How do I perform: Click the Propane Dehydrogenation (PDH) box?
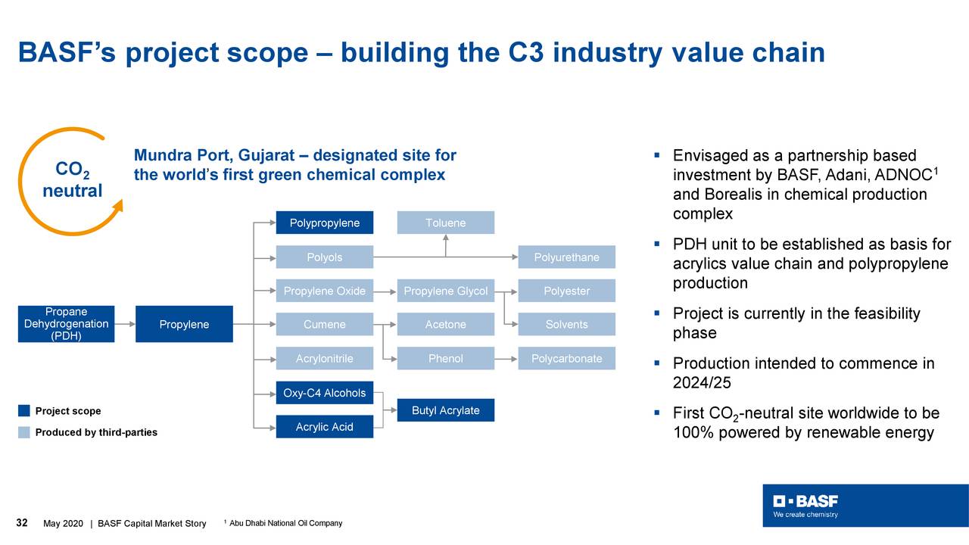66,324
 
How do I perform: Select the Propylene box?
184,324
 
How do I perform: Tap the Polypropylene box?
324,223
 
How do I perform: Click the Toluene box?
445,223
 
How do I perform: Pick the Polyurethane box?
566,257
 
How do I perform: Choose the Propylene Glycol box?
445,291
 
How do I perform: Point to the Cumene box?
324,324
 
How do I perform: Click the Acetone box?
445,324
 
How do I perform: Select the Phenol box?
445,358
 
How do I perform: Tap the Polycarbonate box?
566,358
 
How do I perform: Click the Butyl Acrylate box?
445,410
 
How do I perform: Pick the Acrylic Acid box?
324,427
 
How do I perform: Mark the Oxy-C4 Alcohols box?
324,392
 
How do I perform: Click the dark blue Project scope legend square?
24,411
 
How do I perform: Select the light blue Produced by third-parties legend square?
24,432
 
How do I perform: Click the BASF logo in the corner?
805,505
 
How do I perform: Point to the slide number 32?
23,523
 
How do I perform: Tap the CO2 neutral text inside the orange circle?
72,179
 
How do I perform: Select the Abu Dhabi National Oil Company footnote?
285,523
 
